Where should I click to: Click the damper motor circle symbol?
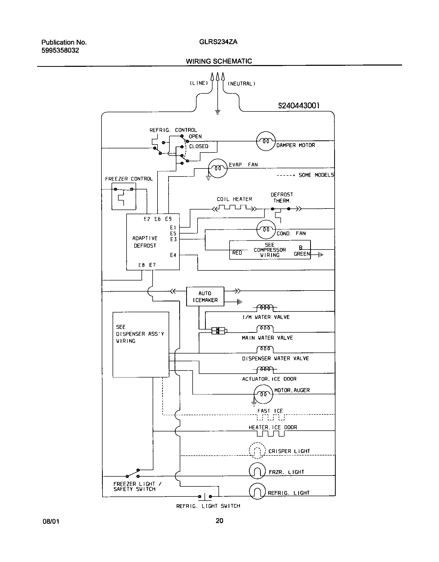265,141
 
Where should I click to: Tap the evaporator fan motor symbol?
218,168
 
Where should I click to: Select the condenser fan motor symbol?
266,229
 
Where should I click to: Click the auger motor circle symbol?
263,394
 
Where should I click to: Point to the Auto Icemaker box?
205,296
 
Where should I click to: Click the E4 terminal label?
173,255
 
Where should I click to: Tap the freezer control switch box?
124,196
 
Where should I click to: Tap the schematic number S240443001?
299,106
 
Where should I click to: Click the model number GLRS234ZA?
218,42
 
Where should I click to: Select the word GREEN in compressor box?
302,254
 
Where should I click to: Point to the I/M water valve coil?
265,307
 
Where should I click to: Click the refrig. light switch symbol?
205,496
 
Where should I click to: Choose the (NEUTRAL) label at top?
241,84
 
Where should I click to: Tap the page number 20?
219,521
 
